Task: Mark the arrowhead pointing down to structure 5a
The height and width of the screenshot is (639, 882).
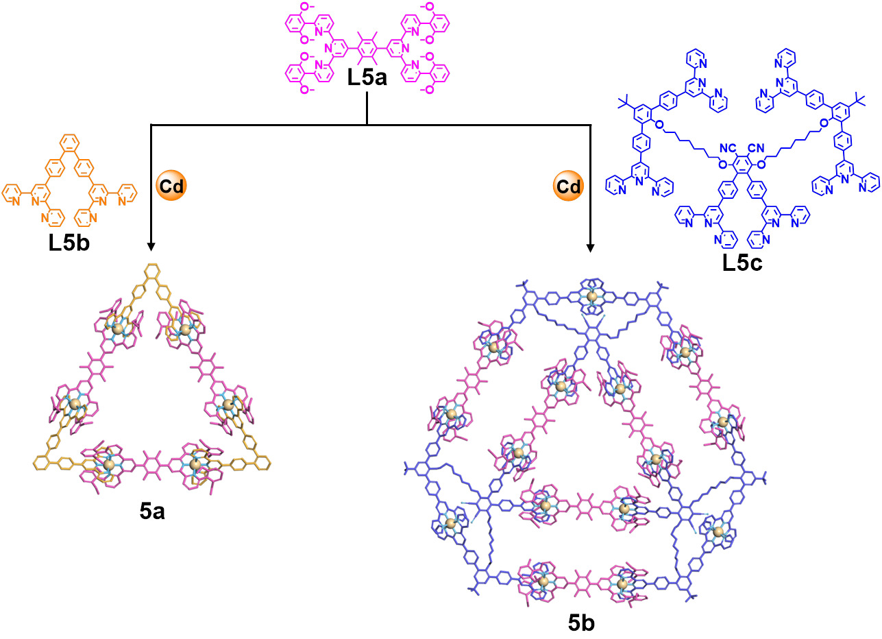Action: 151,244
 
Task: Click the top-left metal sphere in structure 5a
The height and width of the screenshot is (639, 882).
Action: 118,330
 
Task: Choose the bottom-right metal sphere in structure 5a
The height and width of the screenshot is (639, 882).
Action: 195,465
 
